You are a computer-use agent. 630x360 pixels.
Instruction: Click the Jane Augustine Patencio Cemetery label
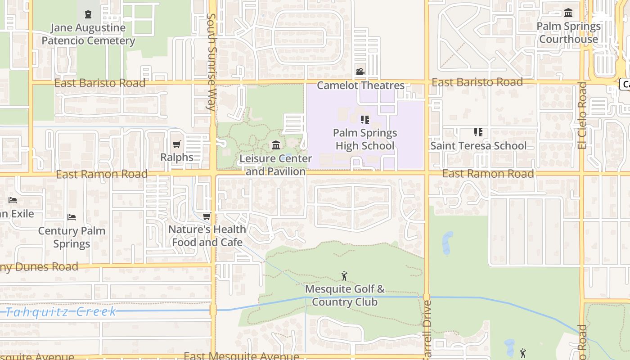tap(88, 34)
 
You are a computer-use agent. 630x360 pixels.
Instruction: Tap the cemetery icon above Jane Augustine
tap(88, 14)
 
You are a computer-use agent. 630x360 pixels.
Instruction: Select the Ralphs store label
tap(177, 157)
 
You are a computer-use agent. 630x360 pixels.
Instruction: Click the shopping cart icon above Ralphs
tap(177, 144)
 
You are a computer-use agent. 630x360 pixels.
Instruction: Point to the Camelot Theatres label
tap(360, 85)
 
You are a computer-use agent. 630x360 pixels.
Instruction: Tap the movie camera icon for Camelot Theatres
tap(360, 72)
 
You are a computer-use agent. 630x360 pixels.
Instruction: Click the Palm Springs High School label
tap(365, 139)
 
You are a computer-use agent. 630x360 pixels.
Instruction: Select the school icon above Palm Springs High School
tap(365, 120)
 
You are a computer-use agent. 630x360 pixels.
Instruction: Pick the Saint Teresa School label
tap(478, 145)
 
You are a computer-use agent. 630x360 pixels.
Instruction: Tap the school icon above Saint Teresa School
tap(478, 132)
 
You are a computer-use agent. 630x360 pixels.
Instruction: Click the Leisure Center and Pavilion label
tap(275, 165)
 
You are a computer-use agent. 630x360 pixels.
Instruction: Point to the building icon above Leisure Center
tap(276, 145)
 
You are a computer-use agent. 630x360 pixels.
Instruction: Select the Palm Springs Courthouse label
tap(568, 32)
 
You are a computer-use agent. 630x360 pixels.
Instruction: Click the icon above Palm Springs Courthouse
tap(568, 13)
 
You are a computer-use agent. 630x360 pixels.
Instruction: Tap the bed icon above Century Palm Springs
tap(72, 217)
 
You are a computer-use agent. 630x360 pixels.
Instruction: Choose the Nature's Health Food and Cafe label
tap(207, 236)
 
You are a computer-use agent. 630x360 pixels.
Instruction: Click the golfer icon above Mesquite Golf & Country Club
tap(345, 276)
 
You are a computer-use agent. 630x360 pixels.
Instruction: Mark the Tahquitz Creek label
tap(61, 312)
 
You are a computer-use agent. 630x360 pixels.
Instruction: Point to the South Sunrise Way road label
tap(211, 62)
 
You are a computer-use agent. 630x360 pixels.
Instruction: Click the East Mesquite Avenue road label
tap(241, 356)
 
